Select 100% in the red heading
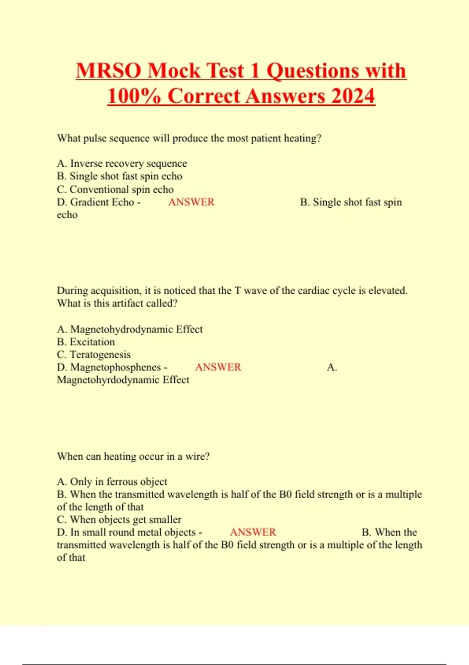point(134,96)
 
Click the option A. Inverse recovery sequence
point(122,164)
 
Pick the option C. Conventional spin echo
point(115,189)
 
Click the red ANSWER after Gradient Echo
point(191,202)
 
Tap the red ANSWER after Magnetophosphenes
point(218,367)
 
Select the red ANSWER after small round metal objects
point(253,532)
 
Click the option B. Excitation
point(86,342)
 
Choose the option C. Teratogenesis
point(94,354)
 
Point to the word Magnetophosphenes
point(116,367)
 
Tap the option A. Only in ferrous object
point(112,482)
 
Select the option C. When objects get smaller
point(119,519)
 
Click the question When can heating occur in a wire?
point(133,457)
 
